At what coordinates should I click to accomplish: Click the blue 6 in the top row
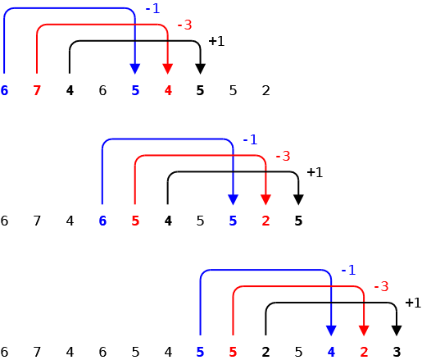(x=4, y=90)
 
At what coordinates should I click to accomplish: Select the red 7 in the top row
(x=37, y=90)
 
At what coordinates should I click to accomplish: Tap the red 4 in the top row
(x=168, y=90)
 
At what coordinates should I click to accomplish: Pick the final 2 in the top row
(x=265, y=90)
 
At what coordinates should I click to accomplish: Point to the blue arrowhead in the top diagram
(x=135, y=69)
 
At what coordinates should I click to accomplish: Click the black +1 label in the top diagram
(x=216, y=41)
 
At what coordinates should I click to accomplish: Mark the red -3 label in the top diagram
(x=184, y=25)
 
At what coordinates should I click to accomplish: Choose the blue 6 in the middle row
(x=102, y=221)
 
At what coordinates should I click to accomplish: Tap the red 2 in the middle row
(x=265, y=221)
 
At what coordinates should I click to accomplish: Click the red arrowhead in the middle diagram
(x=265, y=199)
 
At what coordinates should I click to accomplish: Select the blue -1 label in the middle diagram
(x=250, y=139)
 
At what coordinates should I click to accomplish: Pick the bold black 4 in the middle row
(x=168, y=221)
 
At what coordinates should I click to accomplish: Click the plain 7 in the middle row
(x=37, y=221)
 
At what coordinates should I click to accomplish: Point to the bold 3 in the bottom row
(x=397, y=352)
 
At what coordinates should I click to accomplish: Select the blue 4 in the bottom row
(x=331, y=352)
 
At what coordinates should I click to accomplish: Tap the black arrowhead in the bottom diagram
(x=397, y=330)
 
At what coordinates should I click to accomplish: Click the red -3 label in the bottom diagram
(x=381, y=287)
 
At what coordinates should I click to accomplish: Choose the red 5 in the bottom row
(x=233, y=352)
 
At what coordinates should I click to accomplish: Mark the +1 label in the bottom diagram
(x=413, y=303)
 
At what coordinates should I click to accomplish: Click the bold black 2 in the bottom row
(x=265, y=352)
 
